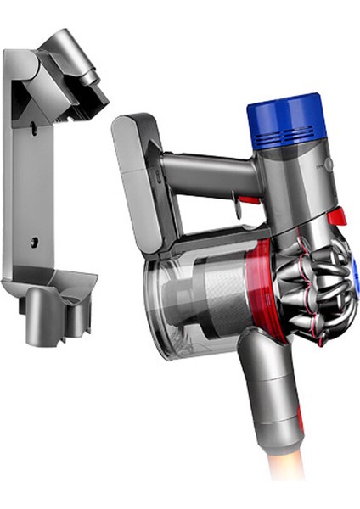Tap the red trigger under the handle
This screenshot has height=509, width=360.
point(247,201)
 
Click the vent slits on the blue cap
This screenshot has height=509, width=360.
point(285,135)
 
